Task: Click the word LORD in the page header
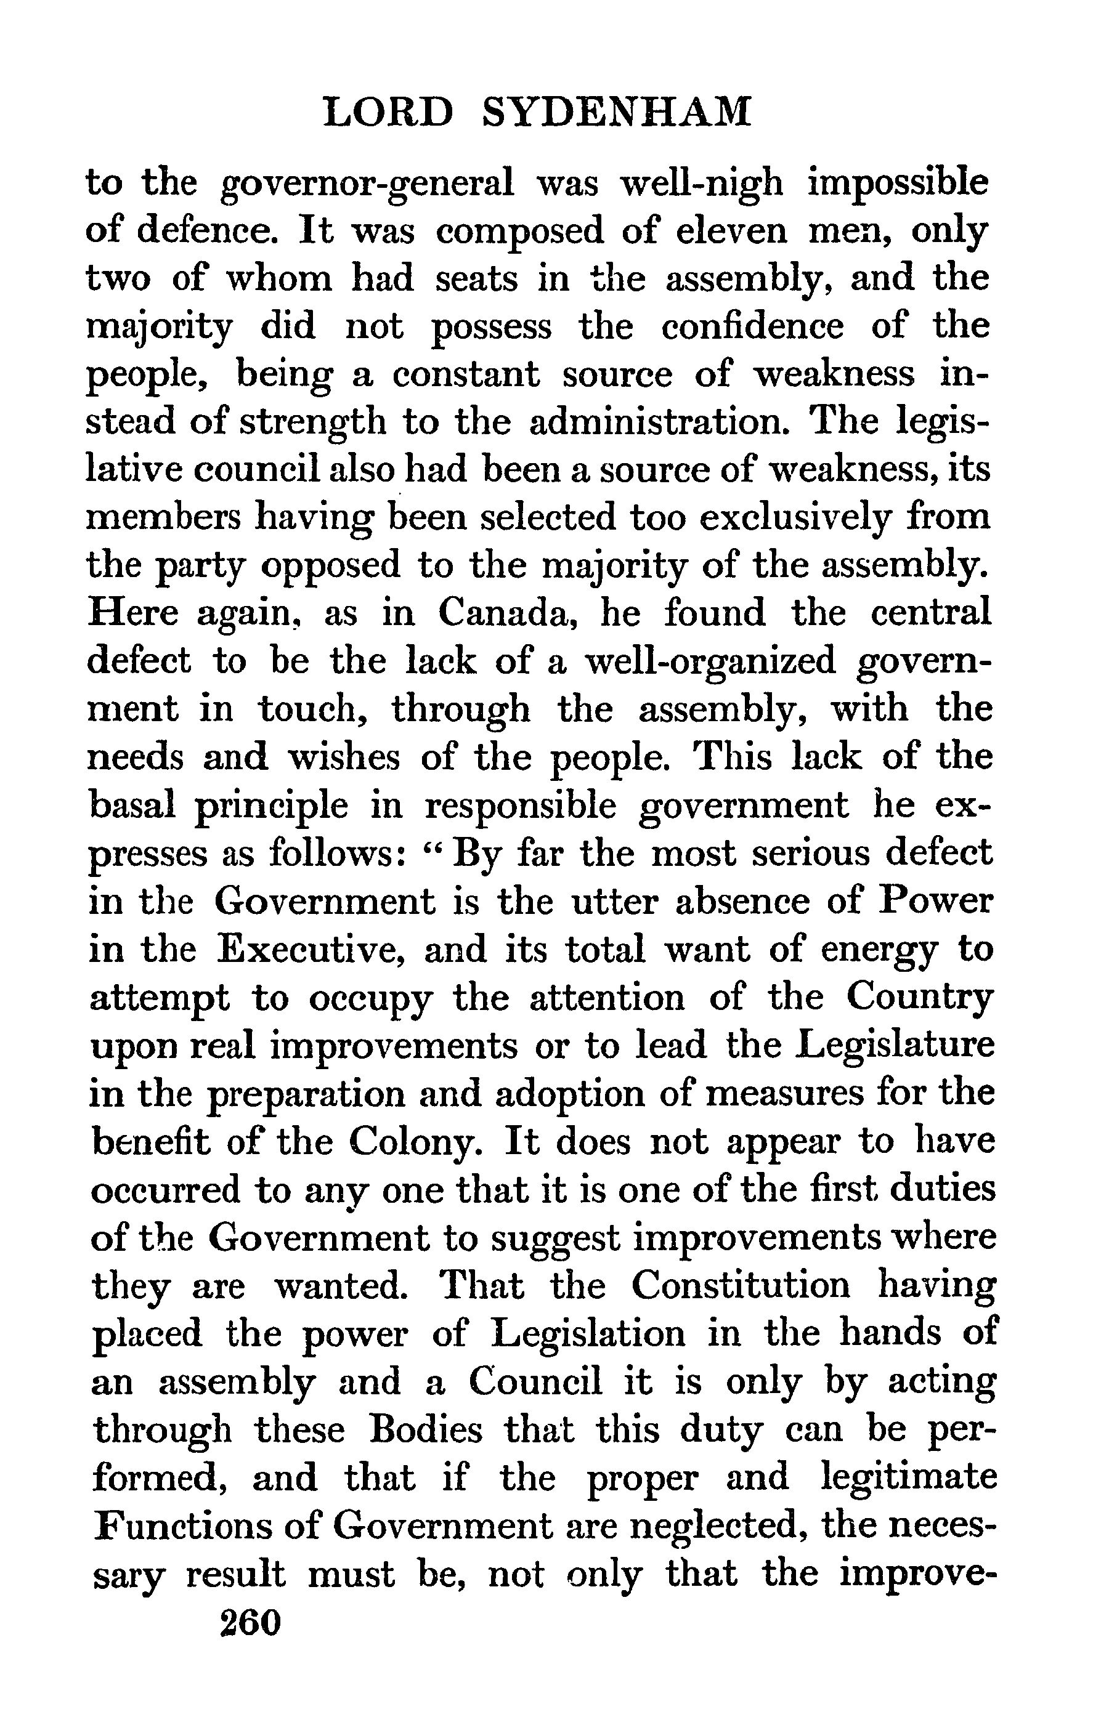pyautogui.click(x=389, y=112)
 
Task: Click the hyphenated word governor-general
pyautogui.click(x=367, y=183)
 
